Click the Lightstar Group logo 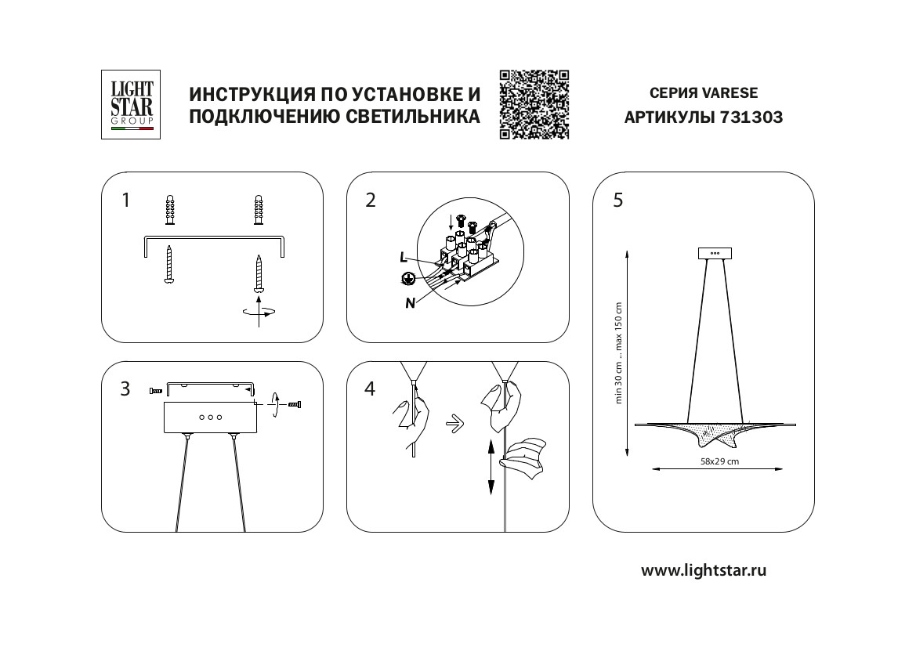pos(131,104)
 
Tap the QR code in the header pos(534,104)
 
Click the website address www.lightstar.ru pos(704,570)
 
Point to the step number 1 pos(125,201)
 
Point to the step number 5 pos(618,201)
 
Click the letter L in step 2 pos(403,257)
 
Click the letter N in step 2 pos(409,304)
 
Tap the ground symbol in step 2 pos(407,278)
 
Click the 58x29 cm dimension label pos(719,461)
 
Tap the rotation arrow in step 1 pos(259,312)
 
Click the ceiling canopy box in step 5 pos(714,253)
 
